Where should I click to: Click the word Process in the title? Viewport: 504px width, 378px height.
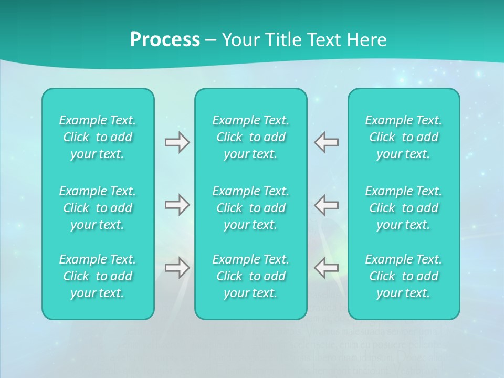165,40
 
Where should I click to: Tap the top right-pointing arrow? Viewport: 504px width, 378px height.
177,142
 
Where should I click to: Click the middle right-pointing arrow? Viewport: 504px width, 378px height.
177,205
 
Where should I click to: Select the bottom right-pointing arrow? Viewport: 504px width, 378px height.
177,268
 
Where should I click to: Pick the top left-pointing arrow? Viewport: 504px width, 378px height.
326,142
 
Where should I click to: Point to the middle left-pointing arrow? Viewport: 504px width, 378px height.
326,205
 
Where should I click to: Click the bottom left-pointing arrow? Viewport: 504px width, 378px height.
326,268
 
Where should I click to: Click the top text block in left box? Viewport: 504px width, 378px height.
98,137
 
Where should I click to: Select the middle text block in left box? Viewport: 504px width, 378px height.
98,208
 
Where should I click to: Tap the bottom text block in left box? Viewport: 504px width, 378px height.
98,276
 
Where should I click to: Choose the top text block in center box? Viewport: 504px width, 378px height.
251,137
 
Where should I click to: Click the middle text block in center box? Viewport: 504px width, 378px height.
251,208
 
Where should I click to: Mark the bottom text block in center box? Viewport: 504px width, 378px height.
251,276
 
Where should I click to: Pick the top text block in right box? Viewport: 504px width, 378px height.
404,137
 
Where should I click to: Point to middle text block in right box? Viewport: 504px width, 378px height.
404,208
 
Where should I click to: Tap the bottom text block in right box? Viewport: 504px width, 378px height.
404,276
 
